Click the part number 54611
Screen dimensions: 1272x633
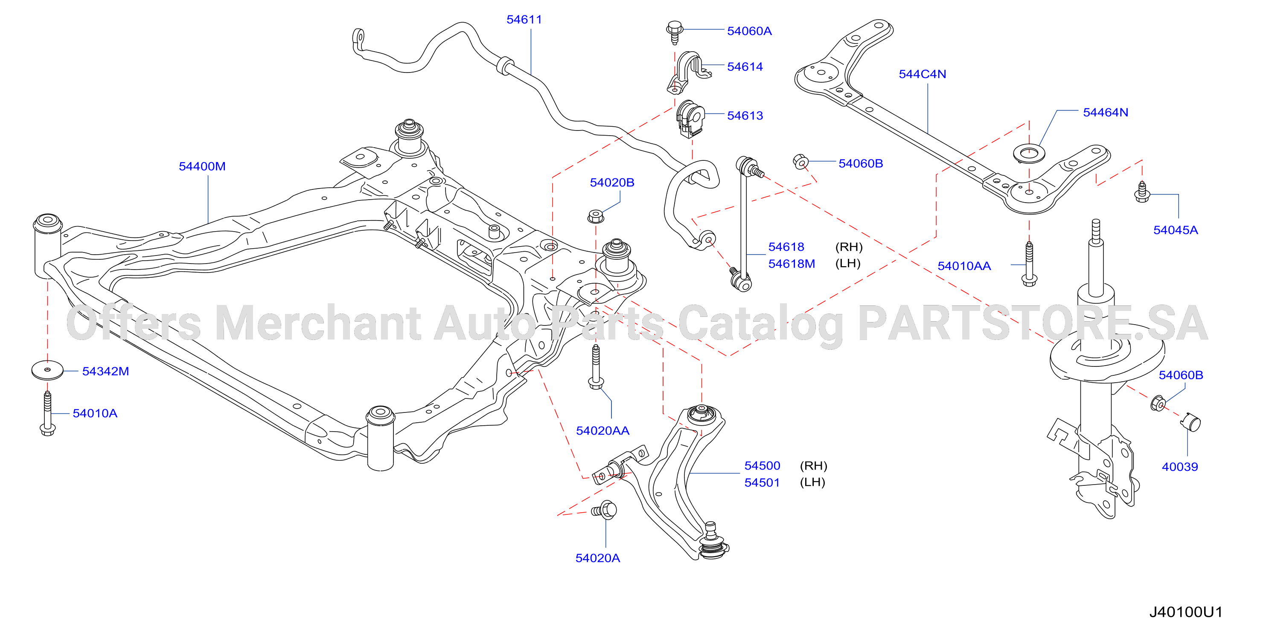click(x=524, y=19)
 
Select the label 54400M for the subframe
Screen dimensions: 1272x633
click(x=202, y=166)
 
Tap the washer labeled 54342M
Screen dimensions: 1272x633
click(x=47, y=370)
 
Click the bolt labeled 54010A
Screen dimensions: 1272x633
click(x=47, y=414)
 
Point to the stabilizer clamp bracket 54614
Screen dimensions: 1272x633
click(x=688, y=72)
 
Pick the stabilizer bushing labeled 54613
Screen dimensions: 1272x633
click(x=690, y=119)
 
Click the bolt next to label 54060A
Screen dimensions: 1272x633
click(x=675, y=32)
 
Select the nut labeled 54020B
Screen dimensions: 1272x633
click(x=596, y=216)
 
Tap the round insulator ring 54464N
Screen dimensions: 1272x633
click(x=1029, y=154)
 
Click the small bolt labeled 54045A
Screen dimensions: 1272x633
click(x=1141, y=192)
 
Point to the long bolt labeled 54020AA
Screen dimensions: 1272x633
click(x=596, y=367)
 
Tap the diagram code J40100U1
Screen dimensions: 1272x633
click(x=1185, y=612)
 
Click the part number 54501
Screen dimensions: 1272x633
click(x=762, y=482)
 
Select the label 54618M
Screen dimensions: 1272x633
click(x=792, y=264)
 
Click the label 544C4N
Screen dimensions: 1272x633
click(x=923, y=74)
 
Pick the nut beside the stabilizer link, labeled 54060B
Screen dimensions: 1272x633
click(x=800, y=162)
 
